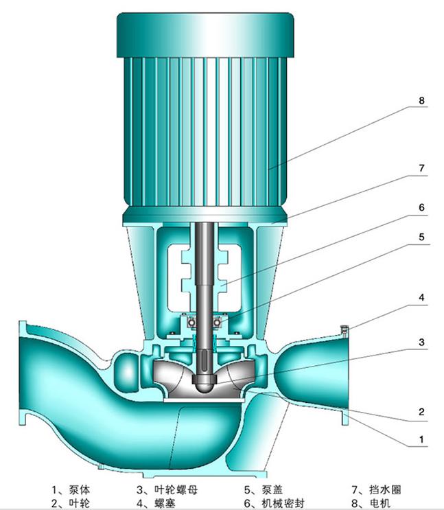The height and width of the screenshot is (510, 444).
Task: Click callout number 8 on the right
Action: (421, 100)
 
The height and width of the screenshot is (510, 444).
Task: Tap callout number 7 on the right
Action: (421, 168)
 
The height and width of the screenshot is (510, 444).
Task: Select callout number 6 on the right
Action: (421, 207)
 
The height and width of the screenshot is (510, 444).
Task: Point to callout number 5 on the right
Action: (421, 236)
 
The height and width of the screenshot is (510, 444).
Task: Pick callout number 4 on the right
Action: (421, 297)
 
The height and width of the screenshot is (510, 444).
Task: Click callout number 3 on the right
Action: (421, 342)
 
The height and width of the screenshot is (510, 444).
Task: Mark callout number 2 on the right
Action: (421, 412)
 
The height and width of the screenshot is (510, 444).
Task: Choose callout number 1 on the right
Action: (421, 439)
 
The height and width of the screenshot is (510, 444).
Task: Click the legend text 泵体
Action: (80, 489)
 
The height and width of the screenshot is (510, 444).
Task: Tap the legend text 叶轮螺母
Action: (176, 489)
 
